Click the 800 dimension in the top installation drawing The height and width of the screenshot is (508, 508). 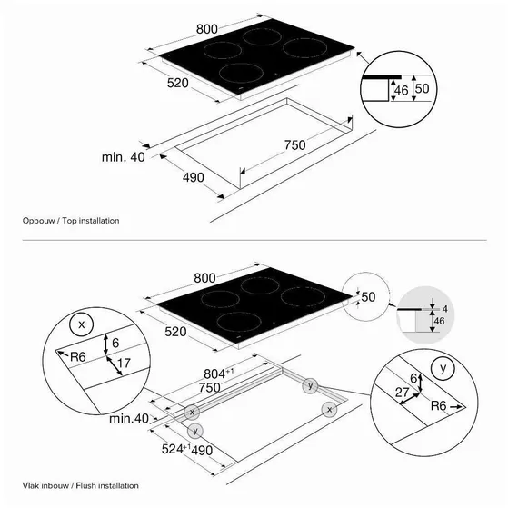[207, 29]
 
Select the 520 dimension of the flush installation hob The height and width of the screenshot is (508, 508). [175, 332]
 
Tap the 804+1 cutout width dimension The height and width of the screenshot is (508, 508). [219, 374]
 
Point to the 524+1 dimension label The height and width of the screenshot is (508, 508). [176, 449]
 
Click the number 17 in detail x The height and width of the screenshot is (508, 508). [124, 364]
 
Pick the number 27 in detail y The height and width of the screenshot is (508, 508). [402, 393]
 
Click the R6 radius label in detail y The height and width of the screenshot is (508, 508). [438, 405]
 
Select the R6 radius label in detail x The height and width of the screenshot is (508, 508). [78, 357]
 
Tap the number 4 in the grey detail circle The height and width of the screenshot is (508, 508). [445, 309]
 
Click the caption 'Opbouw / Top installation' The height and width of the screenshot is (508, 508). [71, 221]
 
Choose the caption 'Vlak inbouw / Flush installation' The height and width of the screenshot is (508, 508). [80, 485]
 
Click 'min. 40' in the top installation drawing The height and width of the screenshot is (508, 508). [123, 157]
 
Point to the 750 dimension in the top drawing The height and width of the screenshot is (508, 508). [294, 144]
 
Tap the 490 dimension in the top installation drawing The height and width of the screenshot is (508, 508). [194, 177]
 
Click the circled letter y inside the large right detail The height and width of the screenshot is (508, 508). [443, 368]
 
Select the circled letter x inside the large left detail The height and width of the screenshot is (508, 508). [81, 324]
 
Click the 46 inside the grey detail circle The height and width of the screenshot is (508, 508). [439, 321]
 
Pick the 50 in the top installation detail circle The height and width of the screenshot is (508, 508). [422, 88]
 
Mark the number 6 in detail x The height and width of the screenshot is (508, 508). [115, 343]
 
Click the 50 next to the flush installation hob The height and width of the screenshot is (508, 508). [368, 297]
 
